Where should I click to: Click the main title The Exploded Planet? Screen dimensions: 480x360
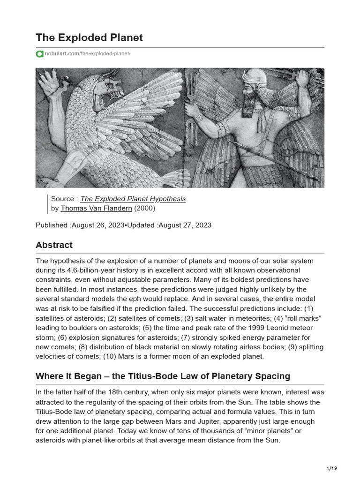[x=90, y=37]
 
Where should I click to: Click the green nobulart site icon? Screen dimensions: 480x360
[x=39, y=54]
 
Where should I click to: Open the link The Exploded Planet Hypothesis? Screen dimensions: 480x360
[x=133, y=199]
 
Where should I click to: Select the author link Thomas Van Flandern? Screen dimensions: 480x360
[x=96, y=208]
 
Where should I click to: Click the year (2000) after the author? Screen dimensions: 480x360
[x=145, y=208]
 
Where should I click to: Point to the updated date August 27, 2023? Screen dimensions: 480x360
[x=185, y=225]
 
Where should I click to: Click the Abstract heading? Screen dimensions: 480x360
[x=54, y=245]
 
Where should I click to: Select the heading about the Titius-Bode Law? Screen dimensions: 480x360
[x=163, y=376]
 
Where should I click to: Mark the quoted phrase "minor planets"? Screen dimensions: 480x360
[x=263, y=431]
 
